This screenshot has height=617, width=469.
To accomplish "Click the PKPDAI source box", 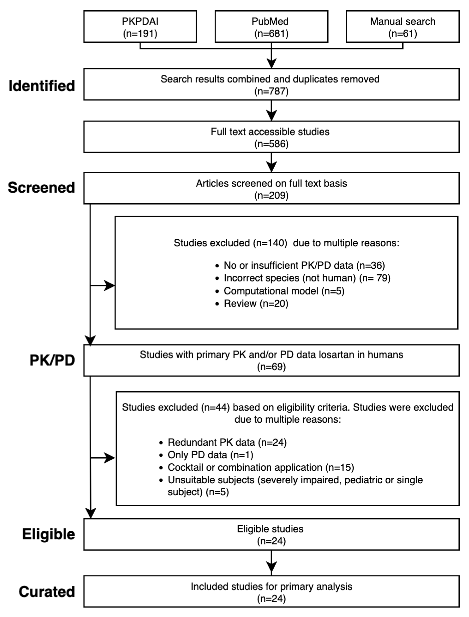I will (x=140, y=27).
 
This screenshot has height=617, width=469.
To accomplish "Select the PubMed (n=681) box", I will (x=271, y=27).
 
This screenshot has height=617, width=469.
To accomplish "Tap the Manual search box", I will (x=402, y=27).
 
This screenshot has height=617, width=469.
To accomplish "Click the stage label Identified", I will (x=42, y=86).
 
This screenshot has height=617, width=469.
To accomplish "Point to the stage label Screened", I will (x=41, y=187).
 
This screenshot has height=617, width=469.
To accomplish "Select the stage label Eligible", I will (x=49, y=534).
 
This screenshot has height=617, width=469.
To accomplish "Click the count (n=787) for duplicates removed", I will (x=271, y=91).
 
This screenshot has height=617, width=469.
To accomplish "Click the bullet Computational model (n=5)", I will (x=284, y=291).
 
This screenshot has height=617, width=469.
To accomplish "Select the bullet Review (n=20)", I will (x=256, y=304).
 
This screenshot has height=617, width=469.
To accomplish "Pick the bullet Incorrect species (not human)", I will (x=307, y=278).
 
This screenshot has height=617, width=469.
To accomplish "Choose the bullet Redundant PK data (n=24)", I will (x=227, y=442).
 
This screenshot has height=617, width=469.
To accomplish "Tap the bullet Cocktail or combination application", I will (x=260, y=467).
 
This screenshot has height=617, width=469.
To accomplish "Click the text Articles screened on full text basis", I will (x=271, y=183).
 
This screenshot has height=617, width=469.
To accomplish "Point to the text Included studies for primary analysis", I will (x=271, y=587).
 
